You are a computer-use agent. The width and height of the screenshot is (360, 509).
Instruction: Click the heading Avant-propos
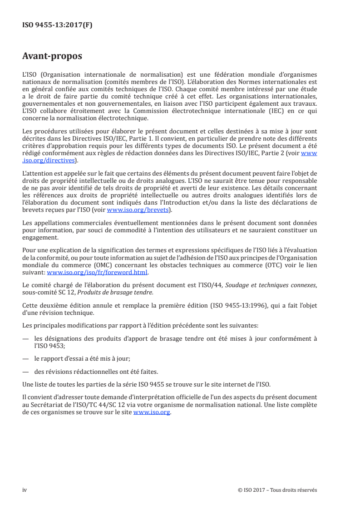(x=52, y=56)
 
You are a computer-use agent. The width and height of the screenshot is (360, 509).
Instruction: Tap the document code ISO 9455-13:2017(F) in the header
(x=57, y=25)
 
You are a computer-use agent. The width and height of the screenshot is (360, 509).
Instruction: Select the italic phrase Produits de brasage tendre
(x=103, y=290)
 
